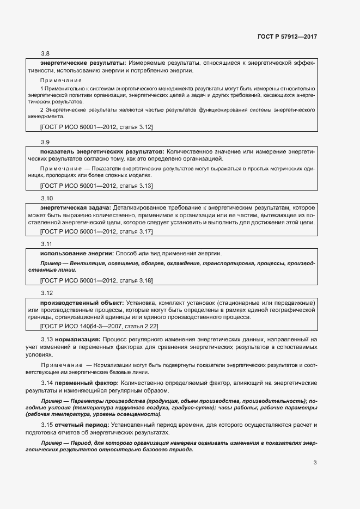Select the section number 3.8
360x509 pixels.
45,53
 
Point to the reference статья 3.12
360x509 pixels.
135,127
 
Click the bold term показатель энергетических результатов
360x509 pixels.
102,151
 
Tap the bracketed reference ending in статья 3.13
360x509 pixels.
96,186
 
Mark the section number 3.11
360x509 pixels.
47,244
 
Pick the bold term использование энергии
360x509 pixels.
76,254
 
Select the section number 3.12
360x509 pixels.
47,292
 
